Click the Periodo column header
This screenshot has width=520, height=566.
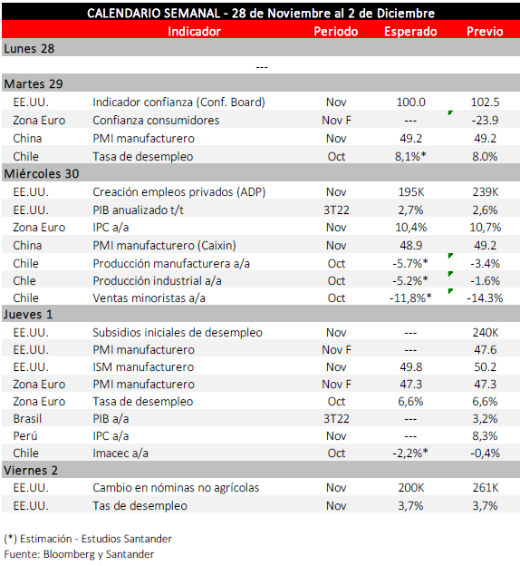(336, 32)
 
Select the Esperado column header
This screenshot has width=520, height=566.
(410, 32)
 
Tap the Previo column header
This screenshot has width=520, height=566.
(485, 32)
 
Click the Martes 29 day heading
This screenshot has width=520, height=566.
(34, 83)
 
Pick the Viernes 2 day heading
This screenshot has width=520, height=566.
(31, 471)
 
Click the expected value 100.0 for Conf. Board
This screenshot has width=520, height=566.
(410, 102)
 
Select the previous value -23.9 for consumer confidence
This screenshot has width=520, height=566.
(485, 121)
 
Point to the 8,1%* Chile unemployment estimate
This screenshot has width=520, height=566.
(410, 156)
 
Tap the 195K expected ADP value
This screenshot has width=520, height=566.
(411, 191)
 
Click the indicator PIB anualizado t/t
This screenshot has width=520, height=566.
(138, 210)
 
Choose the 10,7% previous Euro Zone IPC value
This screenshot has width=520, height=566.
(485, 228)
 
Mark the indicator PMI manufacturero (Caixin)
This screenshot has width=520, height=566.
(165, 246)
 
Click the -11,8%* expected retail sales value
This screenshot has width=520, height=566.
(410, 298)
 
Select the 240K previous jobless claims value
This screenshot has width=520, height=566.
(486, 333)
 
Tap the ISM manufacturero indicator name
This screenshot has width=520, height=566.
(143, 367)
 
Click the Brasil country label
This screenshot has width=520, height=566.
(27, 419)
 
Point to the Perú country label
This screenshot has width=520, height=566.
(25, 435)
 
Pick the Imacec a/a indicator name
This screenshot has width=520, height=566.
(120, 454)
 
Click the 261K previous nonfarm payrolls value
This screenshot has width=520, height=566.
(486, 488)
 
